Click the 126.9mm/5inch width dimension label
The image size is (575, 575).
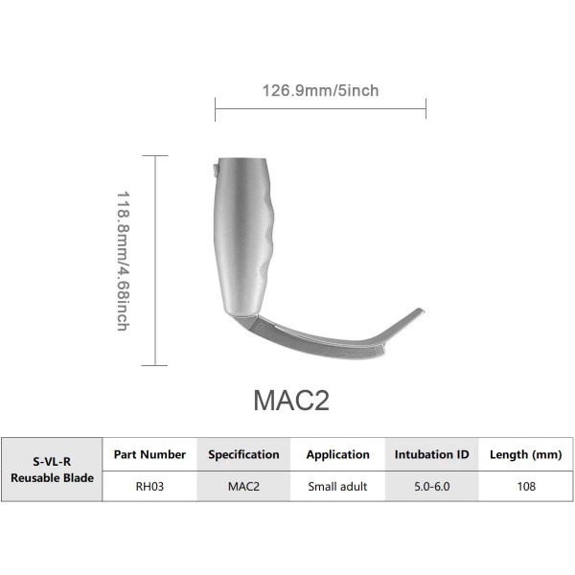point(320,91)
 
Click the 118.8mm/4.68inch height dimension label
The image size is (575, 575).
point(123,260)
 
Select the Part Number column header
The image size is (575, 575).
point(149,454)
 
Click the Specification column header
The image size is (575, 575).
point(244,454)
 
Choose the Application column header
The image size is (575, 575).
point(338,454)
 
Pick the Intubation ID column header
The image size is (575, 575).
point(431,454)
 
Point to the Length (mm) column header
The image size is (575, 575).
point(525,454)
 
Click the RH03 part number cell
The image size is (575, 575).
point(149,487)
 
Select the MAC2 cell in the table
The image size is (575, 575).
point(244,487)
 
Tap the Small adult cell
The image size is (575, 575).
point(338,487)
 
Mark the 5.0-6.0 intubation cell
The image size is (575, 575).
point(431,487)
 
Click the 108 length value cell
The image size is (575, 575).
point(525,487)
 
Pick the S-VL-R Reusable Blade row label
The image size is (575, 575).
point(53,470)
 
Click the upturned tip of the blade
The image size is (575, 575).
point(418,311)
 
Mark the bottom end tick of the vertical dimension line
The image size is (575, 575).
point(154,365)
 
